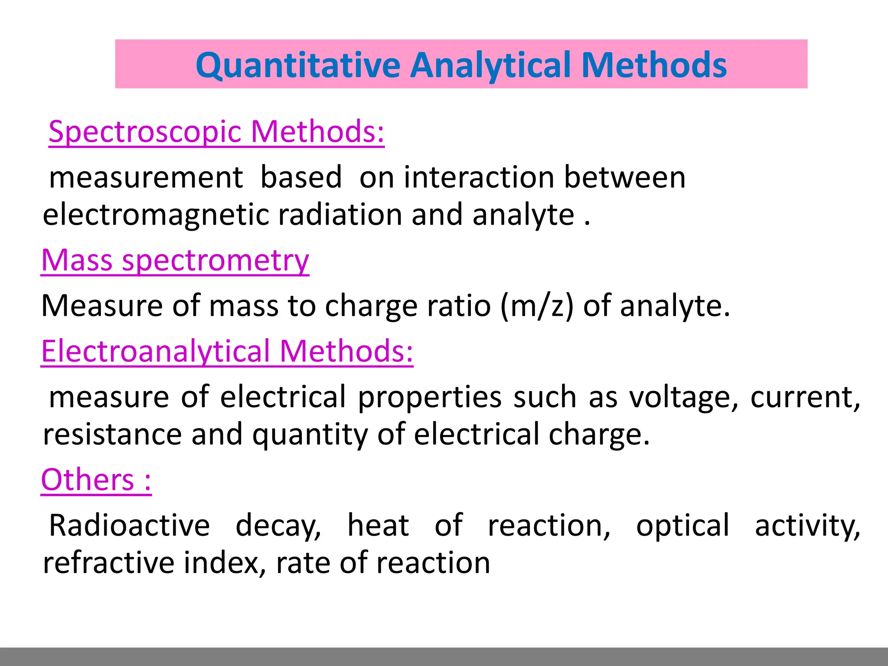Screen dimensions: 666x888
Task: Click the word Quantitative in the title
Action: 298,65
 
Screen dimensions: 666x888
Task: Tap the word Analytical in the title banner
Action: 490,65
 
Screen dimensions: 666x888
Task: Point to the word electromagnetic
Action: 156,215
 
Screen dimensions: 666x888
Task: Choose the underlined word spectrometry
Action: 215,261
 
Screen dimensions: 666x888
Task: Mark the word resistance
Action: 112,434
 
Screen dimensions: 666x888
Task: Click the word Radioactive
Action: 129,526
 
